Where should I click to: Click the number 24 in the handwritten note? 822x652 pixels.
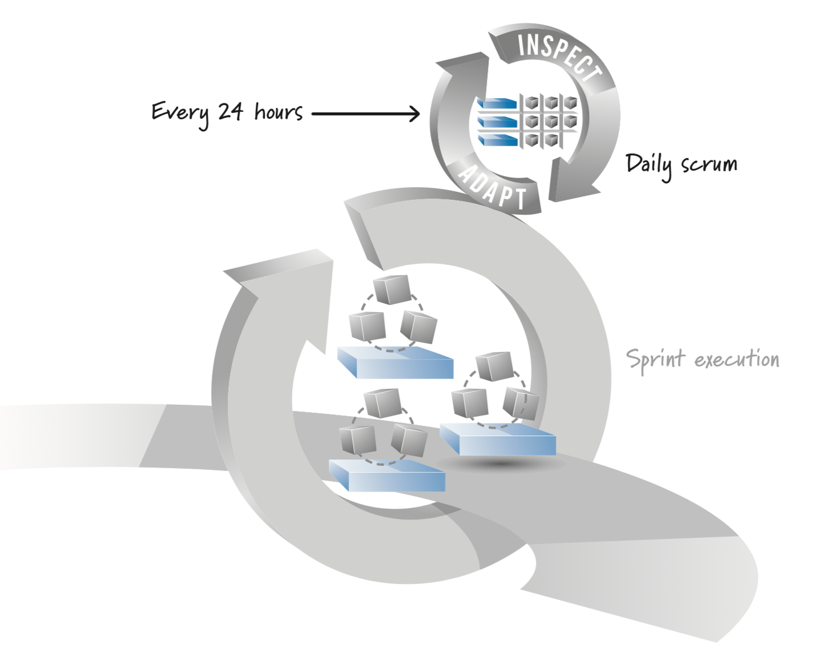[231, 111]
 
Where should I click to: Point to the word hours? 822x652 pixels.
[279, 111]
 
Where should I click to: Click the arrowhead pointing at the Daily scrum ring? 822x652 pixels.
[414, 114]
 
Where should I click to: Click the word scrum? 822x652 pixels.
[709, 164]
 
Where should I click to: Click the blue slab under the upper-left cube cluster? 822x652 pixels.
[395, 363]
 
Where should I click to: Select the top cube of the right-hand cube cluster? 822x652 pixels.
[495, 366]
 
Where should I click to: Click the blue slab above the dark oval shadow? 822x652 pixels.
[498, 440]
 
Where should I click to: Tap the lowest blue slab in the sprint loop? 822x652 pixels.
[388, 476]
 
